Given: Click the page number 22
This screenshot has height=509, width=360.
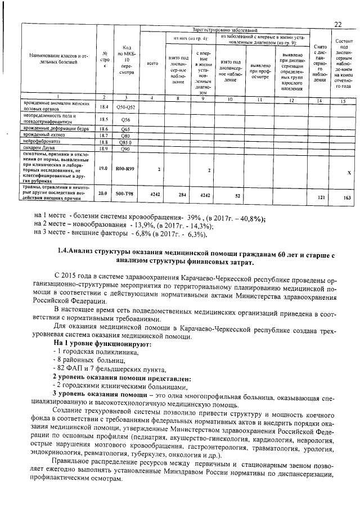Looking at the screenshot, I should [x=337, y=24].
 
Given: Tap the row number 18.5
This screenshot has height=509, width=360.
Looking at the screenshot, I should [x=103, y=119].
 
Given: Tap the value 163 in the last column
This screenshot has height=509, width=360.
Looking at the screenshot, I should [x=346, y=197].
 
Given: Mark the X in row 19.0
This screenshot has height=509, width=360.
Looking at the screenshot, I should [x=349, y=172].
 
